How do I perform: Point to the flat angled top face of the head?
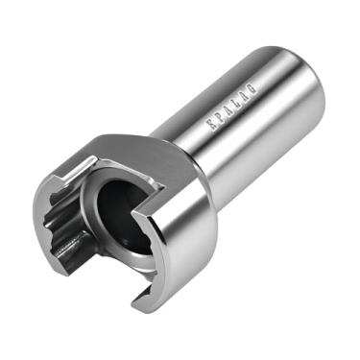tap(134, 154)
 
